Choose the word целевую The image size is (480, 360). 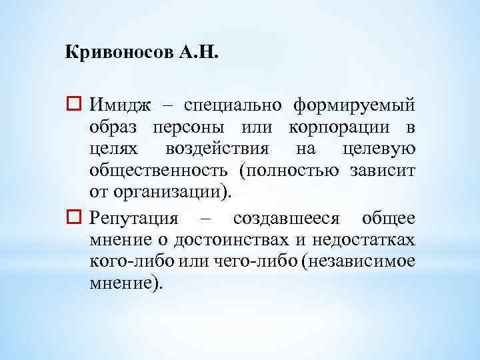coord(377,150)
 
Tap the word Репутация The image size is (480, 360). coord(134,218)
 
